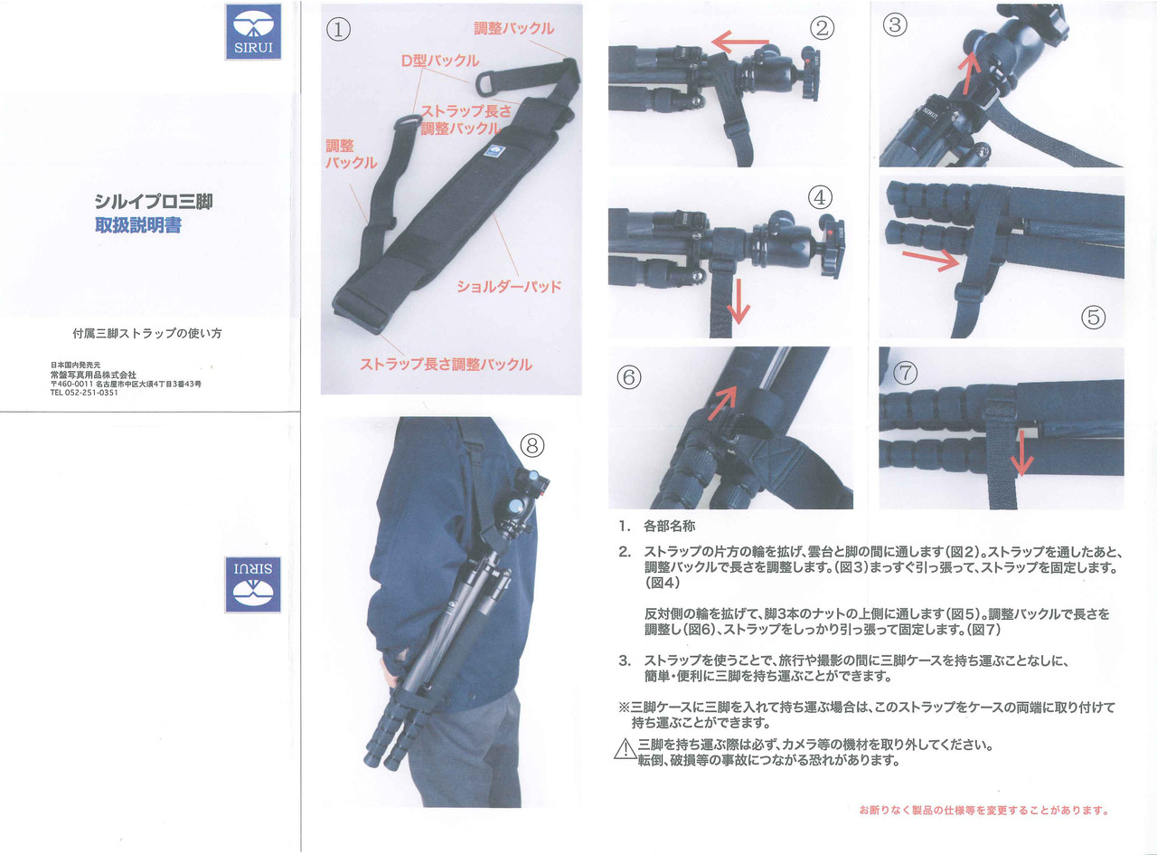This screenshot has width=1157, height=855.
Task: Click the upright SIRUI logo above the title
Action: click(x=253, y=32)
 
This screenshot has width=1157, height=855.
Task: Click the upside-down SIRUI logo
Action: click(x=253, y=584)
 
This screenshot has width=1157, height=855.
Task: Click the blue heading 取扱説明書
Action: click(x=138, y=225)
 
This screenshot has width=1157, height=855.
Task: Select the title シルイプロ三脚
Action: click(x=154, y=202)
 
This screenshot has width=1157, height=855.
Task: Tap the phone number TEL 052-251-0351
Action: click(x=84, y=393)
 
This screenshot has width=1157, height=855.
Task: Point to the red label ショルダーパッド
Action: click(x=509, y=286)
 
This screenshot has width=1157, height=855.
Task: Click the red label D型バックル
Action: click(x=439, y=61)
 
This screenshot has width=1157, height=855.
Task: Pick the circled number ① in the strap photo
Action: click(x=339, y=30)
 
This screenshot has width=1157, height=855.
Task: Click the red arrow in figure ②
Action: click(x=740, y=42)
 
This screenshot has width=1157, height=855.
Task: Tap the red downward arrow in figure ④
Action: click(x=738, y=301)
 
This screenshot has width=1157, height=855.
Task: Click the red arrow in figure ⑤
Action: click(x=931, y=260)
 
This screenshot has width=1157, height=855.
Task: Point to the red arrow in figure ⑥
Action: click(x=721, y=403)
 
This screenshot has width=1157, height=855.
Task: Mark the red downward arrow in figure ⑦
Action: click(x=1021, y=452)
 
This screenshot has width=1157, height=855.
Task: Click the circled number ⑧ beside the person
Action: click(x=532, y=445)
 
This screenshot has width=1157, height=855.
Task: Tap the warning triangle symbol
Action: click(x=625, y=749)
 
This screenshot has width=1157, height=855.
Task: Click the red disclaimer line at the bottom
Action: click(x=983, y=810)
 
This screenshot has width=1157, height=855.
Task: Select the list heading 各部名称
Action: click(x=669, y=526)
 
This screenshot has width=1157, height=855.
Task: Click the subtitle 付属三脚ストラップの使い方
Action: click(x=147, y=333)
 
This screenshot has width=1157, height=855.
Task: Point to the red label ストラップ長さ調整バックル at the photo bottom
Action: click(x=446, y=364)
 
